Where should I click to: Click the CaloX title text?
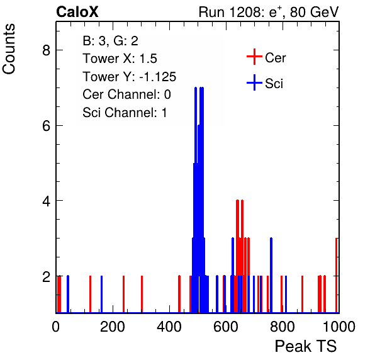click(x=77, y=12)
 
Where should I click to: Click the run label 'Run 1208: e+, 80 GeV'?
click(x=269, y=12)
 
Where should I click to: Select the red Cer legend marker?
click(x=254, y=57)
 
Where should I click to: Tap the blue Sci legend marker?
click(x=254, y=82)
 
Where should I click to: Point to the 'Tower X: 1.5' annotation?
click(x=120, y=59)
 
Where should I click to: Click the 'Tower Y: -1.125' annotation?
click(x=130, y=77)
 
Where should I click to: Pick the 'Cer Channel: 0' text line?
click(x=126, y=94)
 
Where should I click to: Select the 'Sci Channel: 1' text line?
click(x=125, y=113)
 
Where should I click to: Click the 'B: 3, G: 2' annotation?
click(x=110, y=41)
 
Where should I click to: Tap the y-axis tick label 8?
click(x=46, y=50)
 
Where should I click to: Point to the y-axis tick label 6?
click(x=46, y=126)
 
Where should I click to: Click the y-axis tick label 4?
click(x=46, y=201)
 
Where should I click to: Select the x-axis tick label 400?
click(x=169, y=327)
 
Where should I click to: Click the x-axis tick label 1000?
click(x=339, y=327)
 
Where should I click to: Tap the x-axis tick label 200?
click(x=113, y=327)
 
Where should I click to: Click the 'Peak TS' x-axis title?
click(x=306, y=346)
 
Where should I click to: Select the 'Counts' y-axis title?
click(x=9, y=49)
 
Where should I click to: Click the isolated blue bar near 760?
click(x=271, y=275)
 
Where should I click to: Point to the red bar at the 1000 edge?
click(x=337, y=275)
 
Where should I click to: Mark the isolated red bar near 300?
click(x=142, y=294)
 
